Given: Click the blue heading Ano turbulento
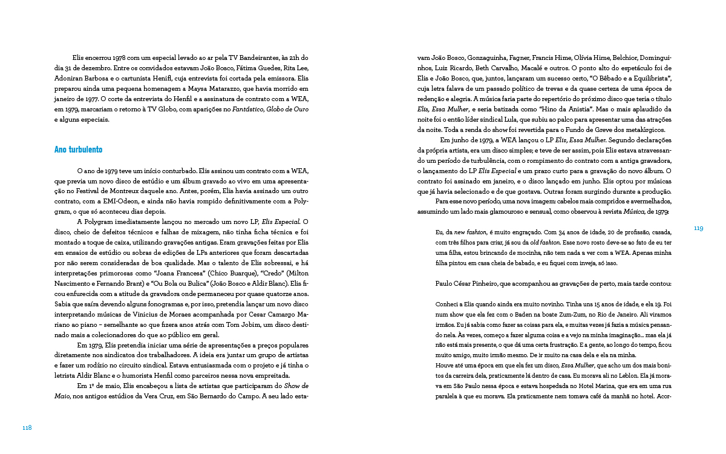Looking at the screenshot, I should coord(78,149).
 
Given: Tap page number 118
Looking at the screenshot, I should coord(27,427).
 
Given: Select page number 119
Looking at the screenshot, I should coord(698,228).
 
